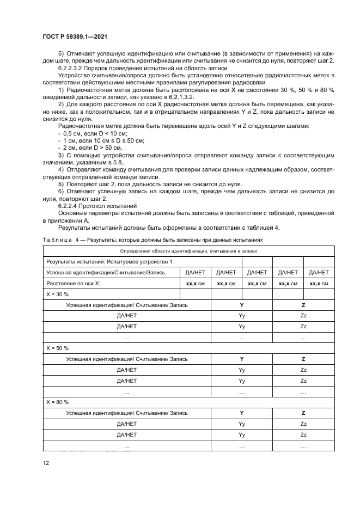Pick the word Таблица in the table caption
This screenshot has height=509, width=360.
pyautogui.click(x=56, y=240)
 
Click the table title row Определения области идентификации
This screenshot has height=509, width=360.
pyautogui.click(x=188, y=251)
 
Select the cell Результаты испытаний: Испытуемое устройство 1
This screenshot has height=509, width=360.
pyautogui.click(x=109, y=262)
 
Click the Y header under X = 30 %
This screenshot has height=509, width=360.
pyautogui.click(x=241, y=305)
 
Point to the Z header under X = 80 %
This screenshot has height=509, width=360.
pyautogui.click(x=303, y=413)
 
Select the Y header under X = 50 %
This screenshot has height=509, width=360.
pyautogui.click(x=241, y=359)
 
